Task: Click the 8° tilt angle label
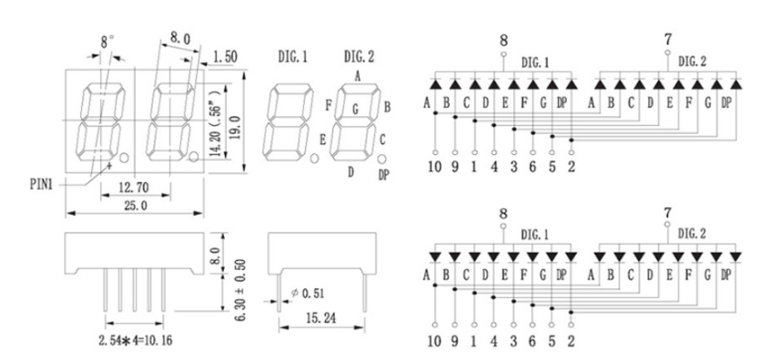[108, 41]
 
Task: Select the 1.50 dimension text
[225, 57]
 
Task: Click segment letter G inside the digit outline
[355, 110]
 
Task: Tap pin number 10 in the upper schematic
[435, 166]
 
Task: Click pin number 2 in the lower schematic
[571, 341]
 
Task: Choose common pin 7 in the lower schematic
[667, 212]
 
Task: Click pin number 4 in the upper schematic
[494, 166]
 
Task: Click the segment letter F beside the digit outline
[328, 104]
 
